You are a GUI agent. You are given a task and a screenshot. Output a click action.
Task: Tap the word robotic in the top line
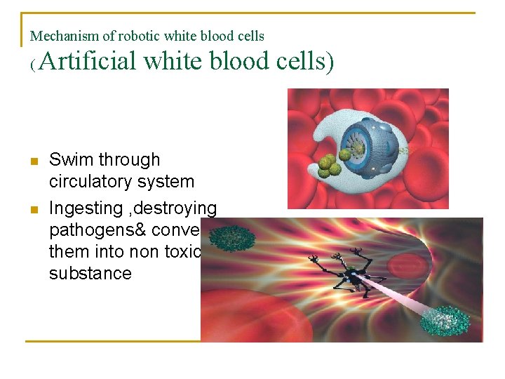141,36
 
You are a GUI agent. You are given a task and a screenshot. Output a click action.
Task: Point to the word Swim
69,160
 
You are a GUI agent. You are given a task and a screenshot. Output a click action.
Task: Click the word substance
90,273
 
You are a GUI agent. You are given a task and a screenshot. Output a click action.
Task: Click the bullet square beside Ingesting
33,209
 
